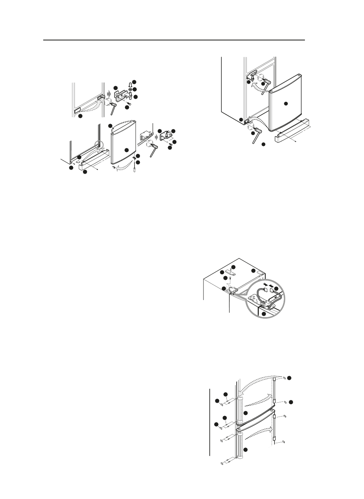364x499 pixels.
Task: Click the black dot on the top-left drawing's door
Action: [x=127, y=150]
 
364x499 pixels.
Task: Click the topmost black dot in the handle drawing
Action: [x=290, y=377]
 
